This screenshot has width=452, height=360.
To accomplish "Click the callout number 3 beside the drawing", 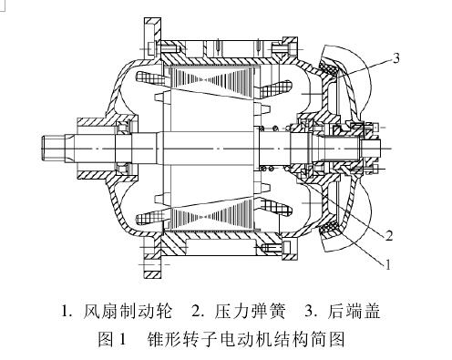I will [x=395, y=57].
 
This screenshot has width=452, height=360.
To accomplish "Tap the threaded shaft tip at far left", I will [x=53, y=145].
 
